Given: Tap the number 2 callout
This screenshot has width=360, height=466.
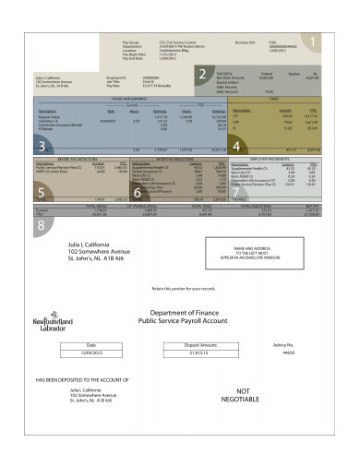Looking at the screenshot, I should (x=202, y=76).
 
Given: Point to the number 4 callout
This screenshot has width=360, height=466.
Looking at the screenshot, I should (x=236, y=145).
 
